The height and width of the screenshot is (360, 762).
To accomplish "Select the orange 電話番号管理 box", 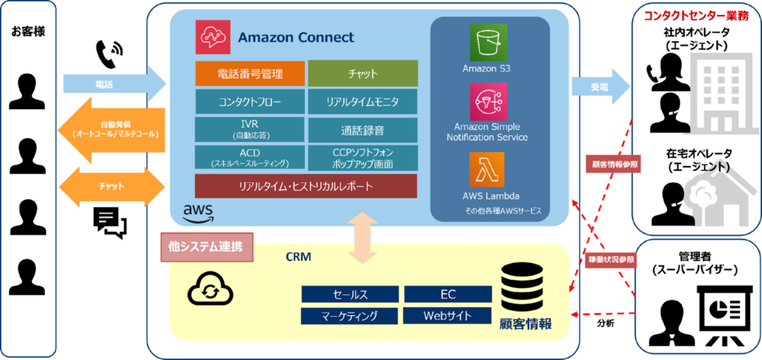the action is (250, 74).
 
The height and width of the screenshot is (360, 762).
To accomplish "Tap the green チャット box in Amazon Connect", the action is (363, 74).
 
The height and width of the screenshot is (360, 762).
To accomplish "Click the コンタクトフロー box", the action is (250, 102).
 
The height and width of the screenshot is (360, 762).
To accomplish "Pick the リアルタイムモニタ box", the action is (363, 102).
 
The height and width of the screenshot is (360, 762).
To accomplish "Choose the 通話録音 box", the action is (363, 129).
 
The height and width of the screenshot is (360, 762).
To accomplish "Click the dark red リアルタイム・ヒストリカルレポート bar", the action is (306, 186).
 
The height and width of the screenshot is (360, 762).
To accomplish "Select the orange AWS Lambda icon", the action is (487, 169).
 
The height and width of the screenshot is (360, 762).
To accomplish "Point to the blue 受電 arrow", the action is (600, 87).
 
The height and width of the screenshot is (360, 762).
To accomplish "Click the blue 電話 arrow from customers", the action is (115, 84).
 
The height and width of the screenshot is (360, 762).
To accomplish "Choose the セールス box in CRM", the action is (350, 294).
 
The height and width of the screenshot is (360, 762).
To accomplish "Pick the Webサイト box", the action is (447, 316).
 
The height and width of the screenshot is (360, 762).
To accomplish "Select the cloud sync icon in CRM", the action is (210, 291).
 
